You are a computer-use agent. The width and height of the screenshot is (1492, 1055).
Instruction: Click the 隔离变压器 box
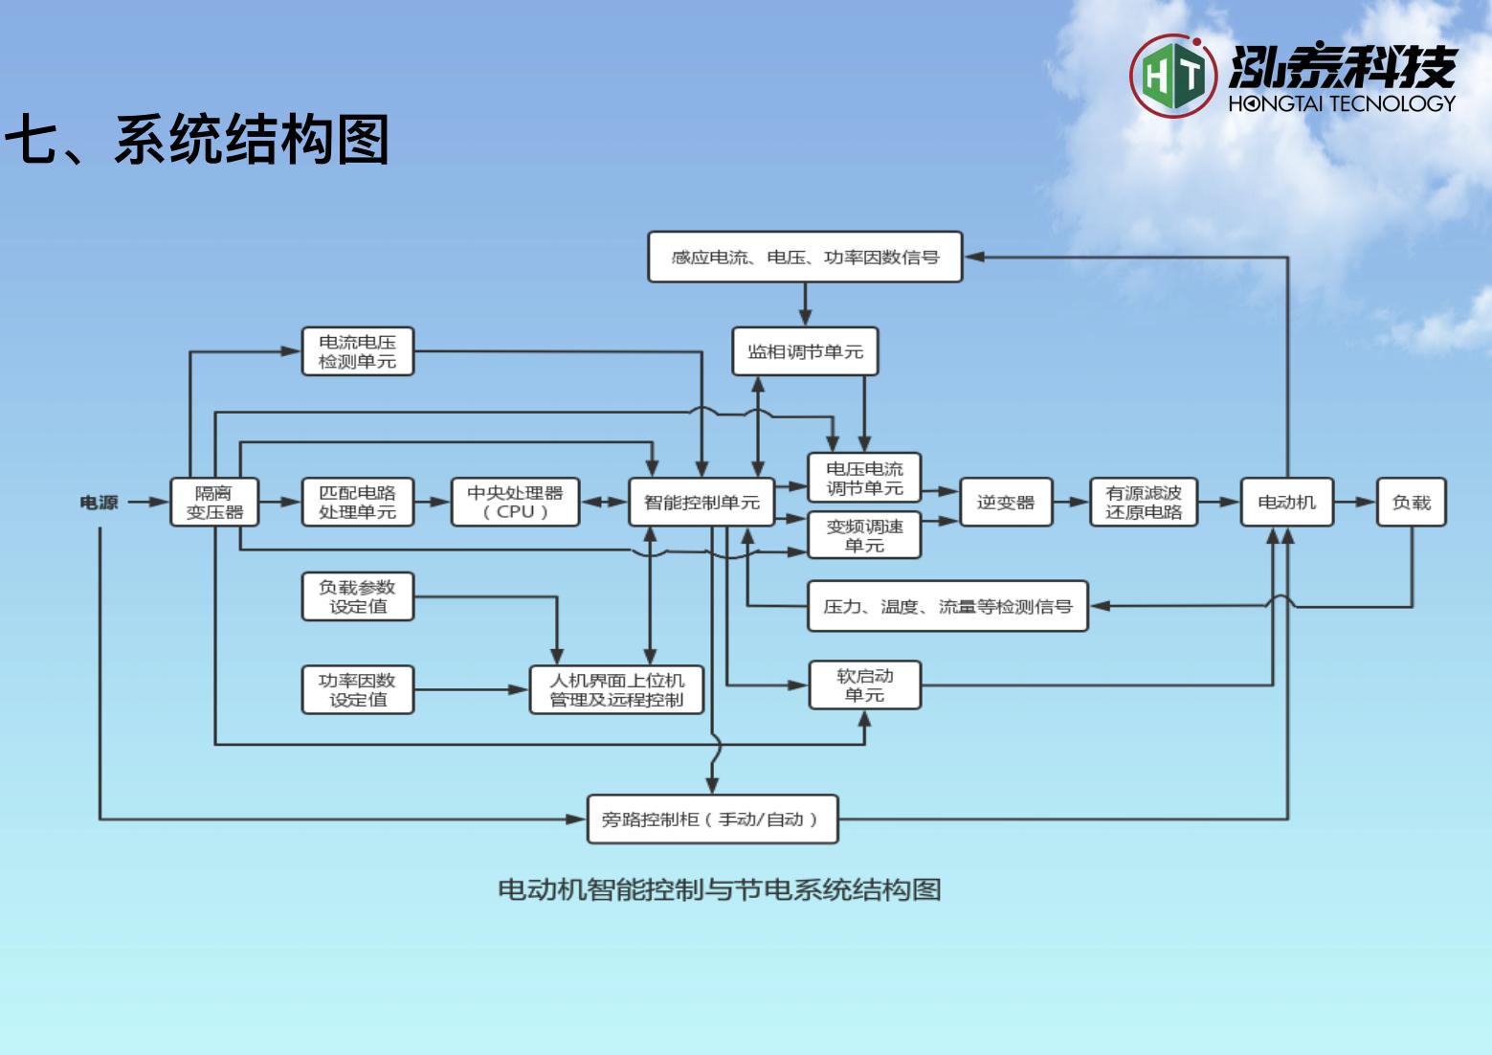tap(214, 503)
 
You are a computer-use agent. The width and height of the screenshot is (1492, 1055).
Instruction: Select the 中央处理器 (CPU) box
tap(515, 503)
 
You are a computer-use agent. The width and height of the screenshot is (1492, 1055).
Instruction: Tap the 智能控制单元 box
tap(701, 503)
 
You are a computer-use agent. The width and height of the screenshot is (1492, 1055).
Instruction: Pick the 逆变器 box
tap(1005, 503)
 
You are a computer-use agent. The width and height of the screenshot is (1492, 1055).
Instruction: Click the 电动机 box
tap(1286, 503)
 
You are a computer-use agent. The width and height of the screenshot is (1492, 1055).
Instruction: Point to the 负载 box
tap(1411, 503)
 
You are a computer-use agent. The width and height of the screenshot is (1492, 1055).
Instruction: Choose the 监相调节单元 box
tap(805, 351)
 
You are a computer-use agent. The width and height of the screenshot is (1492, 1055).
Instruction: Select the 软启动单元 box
tap(864, 685)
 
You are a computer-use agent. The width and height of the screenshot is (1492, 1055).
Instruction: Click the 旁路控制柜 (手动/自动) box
tap(712, 819)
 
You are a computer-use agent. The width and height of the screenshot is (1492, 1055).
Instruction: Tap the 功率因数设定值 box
tap(357, 690)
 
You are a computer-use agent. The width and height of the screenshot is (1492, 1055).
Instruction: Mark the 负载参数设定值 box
tap(357, 596)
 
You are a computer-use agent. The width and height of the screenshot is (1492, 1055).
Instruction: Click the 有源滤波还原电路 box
tap(1144, 503)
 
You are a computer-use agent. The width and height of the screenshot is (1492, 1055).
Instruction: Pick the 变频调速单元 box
tap(864, 536)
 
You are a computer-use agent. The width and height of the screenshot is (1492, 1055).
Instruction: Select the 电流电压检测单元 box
tap(357, 351)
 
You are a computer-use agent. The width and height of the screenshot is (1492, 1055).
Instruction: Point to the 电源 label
tap(99, 503)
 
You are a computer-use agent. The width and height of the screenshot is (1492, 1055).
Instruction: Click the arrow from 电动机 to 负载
tap(1354, 502)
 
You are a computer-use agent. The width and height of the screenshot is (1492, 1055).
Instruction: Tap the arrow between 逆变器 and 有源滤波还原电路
tap(1071, 502)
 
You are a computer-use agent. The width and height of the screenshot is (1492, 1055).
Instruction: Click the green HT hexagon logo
tap(1173, 76)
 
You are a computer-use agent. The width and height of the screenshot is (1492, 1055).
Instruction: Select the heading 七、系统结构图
tap(197, 140)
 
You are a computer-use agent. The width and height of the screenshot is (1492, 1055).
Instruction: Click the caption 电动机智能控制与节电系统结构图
tap(719, 890)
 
